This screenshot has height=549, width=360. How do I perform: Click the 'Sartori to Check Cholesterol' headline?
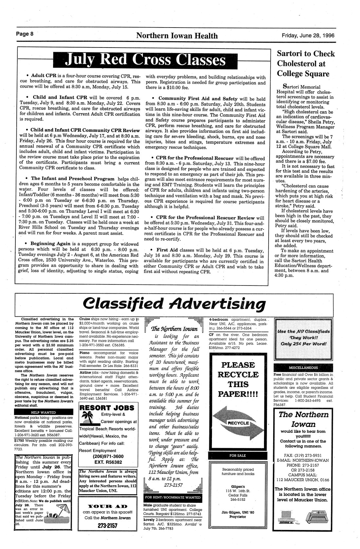coord(306,64)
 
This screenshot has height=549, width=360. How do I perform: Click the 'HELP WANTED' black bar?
coord(43,412)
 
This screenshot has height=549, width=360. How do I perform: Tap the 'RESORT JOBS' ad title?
coord(107,408)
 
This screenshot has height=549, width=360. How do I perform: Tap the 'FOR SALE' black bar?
coord(237,455)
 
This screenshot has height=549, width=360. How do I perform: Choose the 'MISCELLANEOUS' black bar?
coord(303,368)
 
